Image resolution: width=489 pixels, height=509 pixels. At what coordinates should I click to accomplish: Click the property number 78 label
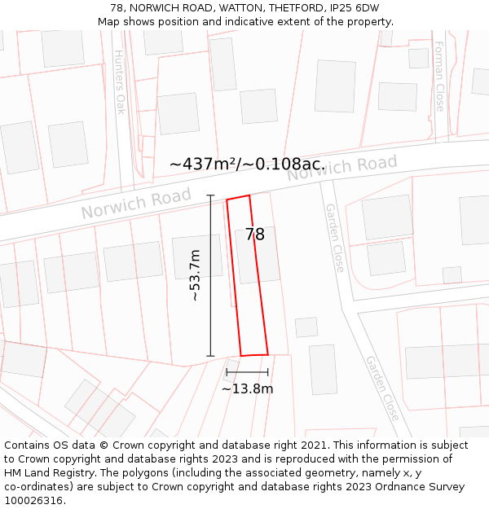(x=254, y=235)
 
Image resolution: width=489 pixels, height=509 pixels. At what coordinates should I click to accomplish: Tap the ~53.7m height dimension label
(x=195, y=276)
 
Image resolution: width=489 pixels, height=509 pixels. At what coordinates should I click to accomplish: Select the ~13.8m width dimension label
(x=247, y=388)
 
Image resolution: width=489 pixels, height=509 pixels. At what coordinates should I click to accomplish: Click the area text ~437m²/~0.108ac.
(x=247, y=164)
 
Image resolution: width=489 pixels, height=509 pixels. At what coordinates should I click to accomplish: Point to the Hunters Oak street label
(x=120, y=82)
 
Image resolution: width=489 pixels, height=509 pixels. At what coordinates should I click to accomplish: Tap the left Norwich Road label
(x=136, y=203)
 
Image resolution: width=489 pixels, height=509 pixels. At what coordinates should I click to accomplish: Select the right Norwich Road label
(x=342, y=167)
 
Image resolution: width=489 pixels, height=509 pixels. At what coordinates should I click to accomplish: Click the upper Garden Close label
(x=335, y=237)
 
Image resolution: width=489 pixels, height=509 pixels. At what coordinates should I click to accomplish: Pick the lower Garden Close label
(x=382, y=388)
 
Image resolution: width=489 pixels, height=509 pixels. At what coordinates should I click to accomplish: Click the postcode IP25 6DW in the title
(x=353, y=7)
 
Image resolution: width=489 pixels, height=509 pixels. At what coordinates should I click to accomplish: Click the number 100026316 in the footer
(x=33, y=500)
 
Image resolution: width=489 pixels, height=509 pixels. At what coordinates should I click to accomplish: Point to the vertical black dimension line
(x=210, y=276)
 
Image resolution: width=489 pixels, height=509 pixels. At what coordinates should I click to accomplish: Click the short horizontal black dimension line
(x=247, y=372)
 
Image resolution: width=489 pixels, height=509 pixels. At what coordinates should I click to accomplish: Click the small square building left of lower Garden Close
(x=306, y=327)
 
